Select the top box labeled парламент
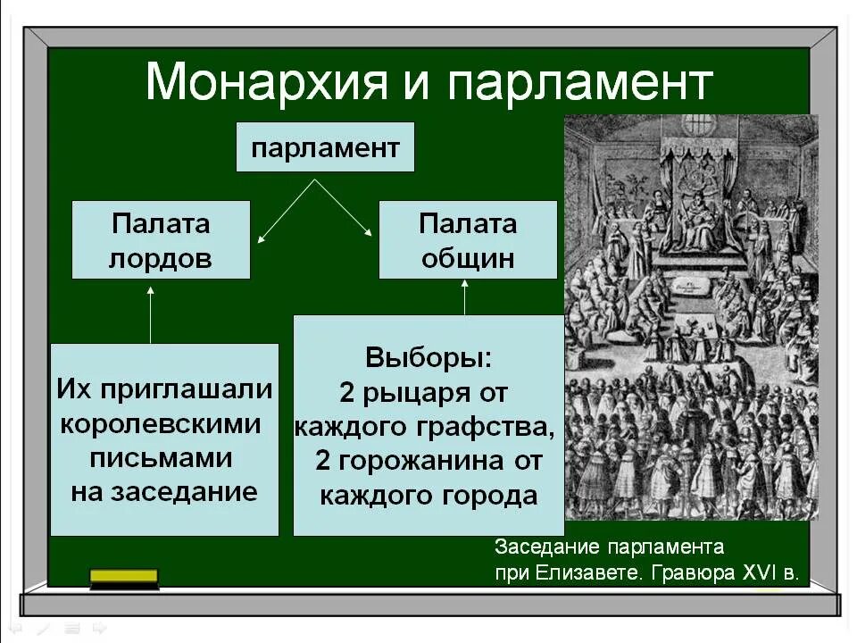(325, 147)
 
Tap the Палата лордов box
(161, 239)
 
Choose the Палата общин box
(468, 239)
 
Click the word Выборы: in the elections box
(428, 359)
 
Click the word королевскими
(162, 423)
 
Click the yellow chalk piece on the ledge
(124, 577)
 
